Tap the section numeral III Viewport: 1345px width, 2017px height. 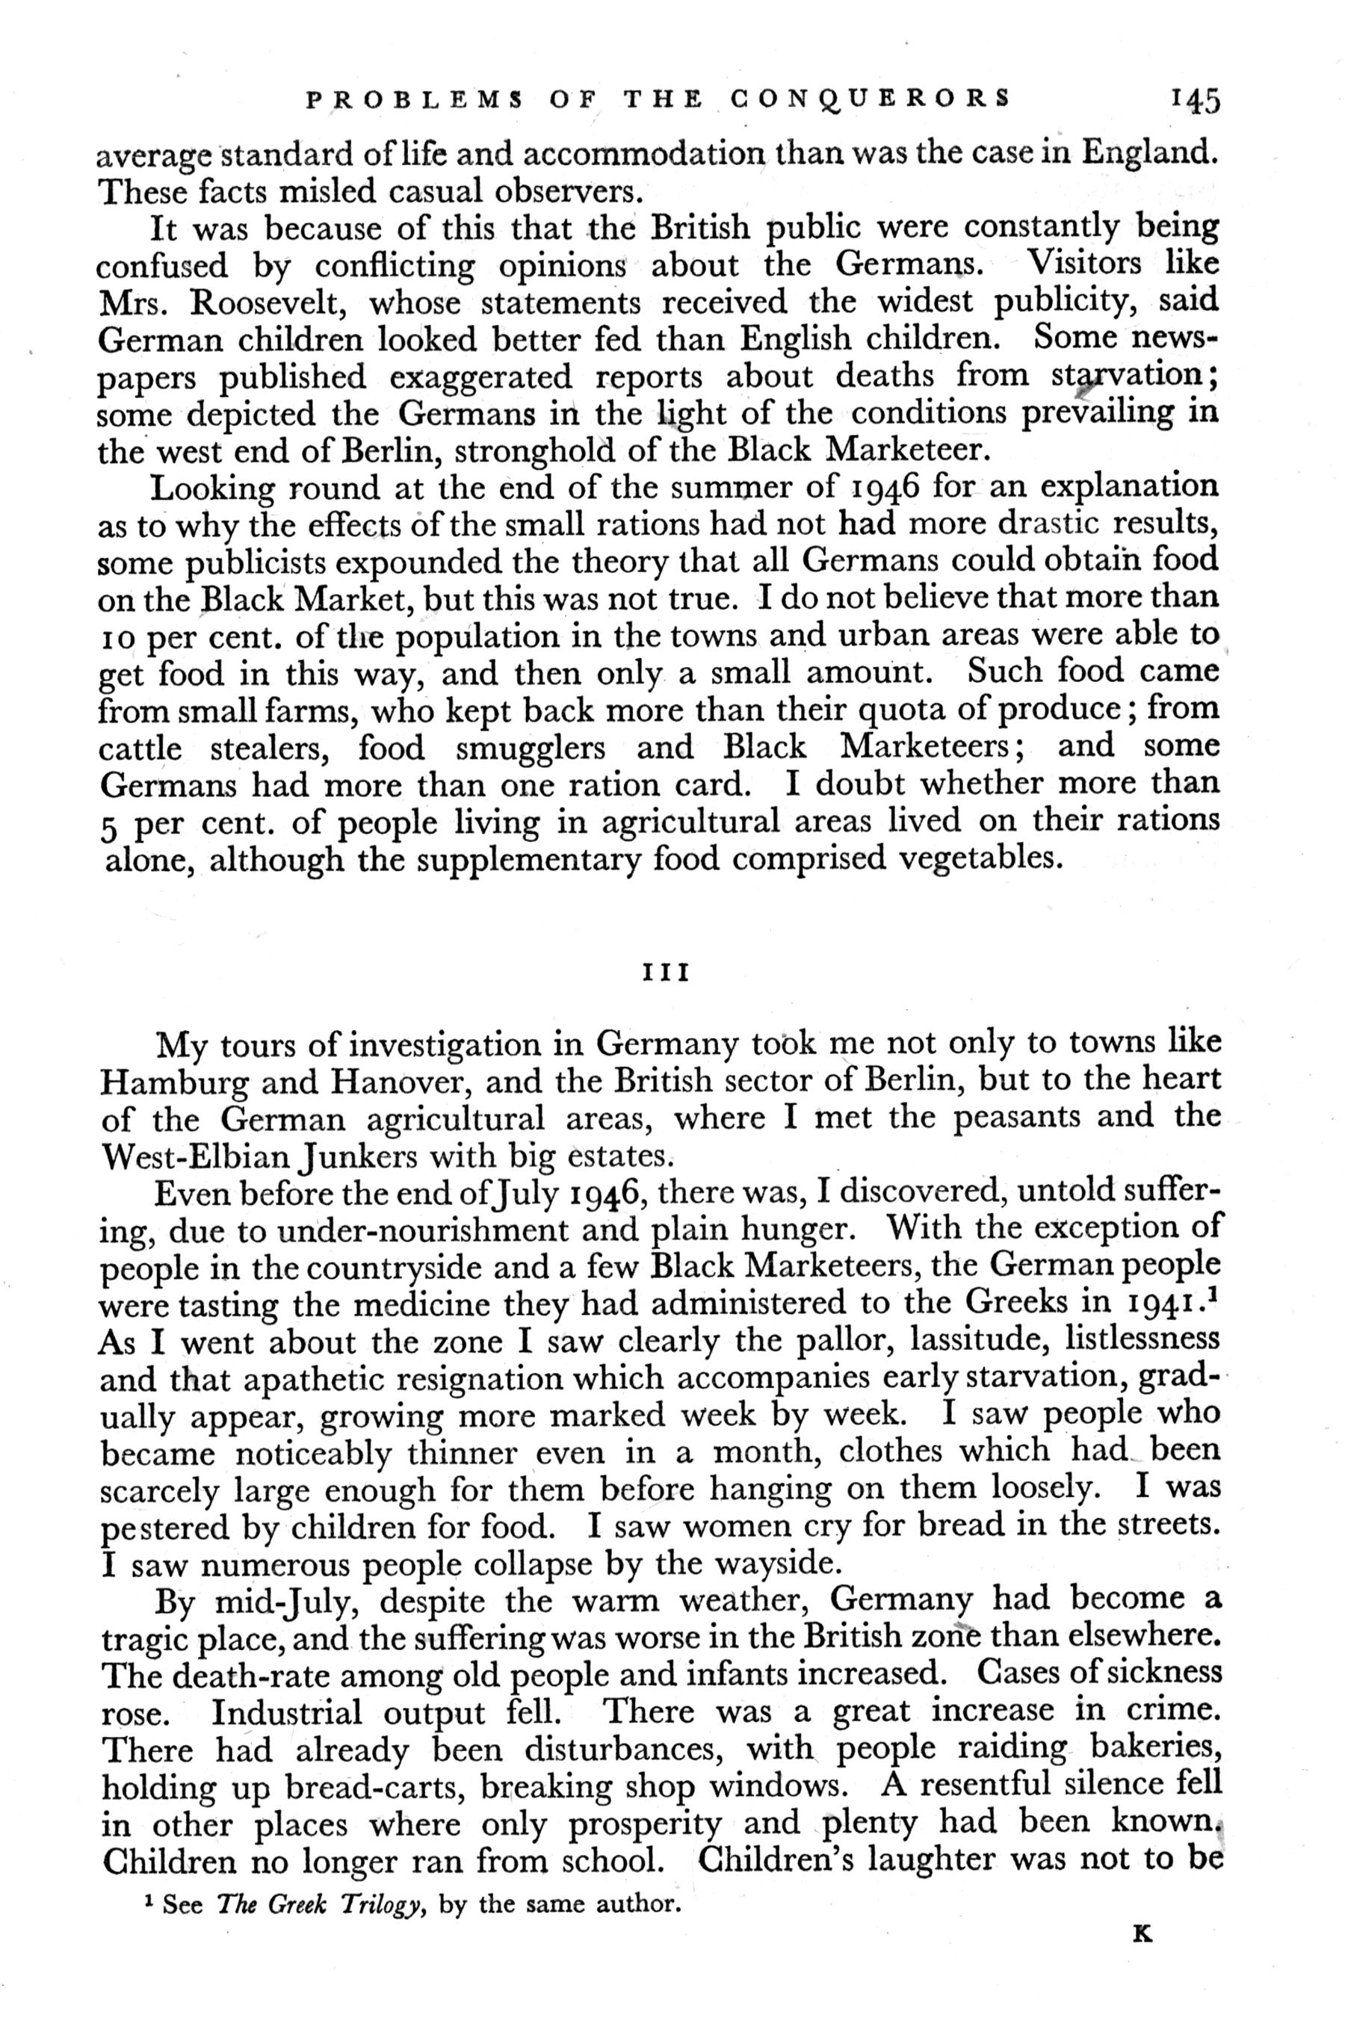(x=666, y=975)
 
